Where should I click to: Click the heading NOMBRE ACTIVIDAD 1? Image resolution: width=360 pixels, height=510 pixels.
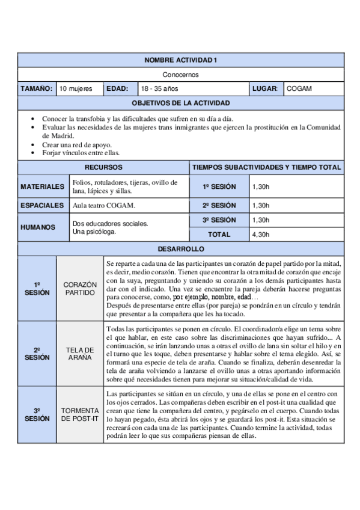180,60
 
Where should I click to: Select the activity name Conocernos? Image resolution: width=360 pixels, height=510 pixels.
180,75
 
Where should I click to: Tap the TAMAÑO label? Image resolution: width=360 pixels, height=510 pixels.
37,89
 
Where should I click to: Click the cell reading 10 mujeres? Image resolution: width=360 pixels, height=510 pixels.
76,89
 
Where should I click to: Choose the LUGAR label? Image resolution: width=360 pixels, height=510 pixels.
266,89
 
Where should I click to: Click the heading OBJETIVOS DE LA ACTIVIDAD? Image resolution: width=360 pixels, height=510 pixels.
180,103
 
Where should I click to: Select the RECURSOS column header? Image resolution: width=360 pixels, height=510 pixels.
103,167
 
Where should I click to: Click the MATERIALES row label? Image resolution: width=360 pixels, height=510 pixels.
42,186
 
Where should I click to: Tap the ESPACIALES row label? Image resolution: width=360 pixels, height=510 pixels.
42,205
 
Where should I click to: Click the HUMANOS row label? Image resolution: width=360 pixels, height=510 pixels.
37,227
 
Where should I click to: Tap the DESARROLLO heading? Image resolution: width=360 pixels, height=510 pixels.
180,248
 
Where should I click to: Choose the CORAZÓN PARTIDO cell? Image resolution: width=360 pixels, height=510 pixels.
80,288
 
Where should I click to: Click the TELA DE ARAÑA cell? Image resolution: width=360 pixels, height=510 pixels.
80,353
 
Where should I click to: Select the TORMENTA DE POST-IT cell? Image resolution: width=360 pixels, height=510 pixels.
80,414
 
